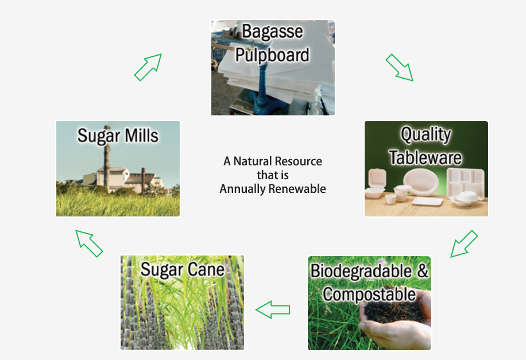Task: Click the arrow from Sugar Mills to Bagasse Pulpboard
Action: tap(148, 67)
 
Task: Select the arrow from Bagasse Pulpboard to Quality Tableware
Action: tap(399, 67)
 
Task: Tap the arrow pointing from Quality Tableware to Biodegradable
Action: tap(464, 244)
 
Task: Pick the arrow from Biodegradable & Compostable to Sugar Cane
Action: tap(273, 309)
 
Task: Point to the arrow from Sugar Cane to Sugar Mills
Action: tap(89, 243)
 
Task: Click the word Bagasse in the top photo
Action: tap(272, 32)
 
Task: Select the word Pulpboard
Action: tap(272, 55)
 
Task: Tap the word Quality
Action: tap(426, 135)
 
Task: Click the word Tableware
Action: tap(426, 157)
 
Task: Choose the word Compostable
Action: tap(369, 294)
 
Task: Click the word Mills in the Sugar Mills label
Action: tap(141, 136)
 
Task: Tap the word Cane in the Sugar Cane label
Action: tap(206, 269)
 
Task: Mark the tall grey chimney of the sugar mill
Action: tap(107, 158)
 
